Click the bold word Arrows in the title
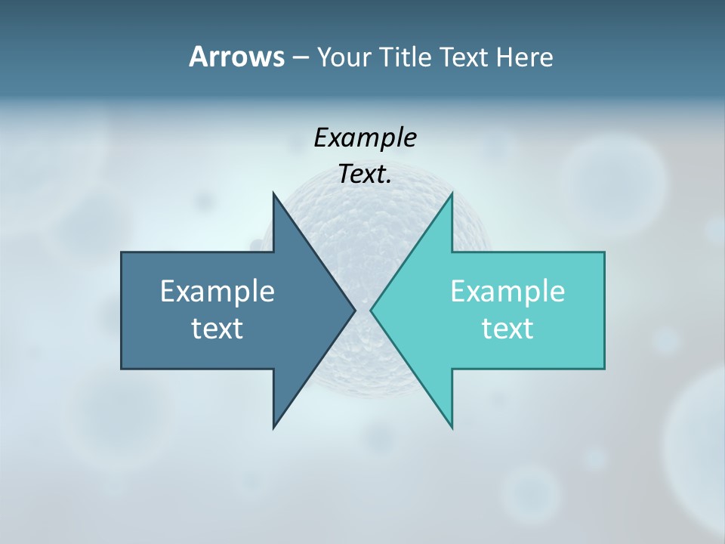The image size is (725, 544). [x=236, y=57]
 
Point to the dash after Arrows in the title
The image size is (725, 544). [x=300, y=58]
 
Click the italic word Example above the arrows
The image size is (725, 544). [x=366, y=138]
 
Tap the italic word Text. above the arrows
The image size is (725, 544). [x=366, y=175]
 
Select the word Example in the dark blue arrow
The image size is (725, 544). [x=217, y=291]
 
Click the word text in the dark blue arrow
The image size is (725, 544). [x=217, y=328]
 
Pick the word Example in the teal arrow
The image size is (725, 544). [x=507, y=291]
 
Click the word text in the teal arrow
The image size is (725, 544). [x=507, y=328]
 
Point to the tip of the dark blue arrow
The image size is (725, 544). [x=355, y=310]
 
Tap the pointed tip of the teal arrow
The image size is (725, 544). [x=371, y=310]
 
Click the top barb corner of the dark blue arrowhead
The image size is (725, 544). [x=273, y=193]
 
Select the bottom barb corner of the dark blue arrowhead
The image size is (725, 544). [x=273, y=428]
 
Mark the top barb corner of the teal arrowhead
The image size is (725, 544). [x=452, y=193]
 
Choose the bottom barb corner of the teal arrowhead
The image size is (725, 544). [x=452, y=428]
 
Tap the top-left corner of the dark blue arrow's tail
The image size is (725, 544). [x=122, y=252]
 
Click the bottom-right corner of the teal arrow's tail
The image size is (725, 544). [x=604, y=368]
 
